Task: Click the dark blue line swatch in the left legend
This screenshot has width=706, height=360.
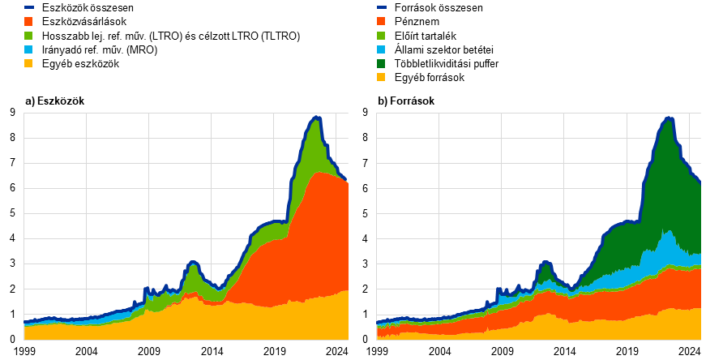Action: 28,7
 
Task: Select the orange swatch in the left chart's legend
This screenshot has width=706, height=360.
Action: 28,22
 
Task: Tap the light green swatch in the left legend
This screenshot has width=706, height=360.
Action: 28,36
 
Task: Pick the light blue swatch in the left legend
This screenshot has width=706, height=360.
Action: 28,49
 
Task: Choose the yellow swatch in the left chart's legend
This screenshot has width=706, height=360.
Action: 28,63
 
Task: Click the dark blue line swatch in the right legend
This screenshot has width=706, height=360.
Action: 381,7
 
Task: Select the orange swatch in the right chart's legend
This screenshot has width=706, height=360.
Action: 381,22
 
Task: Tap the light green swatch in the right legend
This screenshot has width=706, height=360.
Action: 381,36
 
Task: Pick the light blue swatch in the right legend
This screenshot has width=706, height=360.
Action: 381,49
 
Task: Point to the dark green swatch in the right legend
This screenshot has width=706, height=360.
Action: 381,63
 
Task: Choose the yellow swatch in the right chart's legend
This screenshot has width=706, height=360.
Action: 381,77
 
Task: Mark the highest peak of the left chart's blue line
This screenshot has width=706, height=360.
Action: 316,118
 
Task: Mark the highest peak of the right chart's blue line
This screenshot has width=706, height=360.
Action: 669,118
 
